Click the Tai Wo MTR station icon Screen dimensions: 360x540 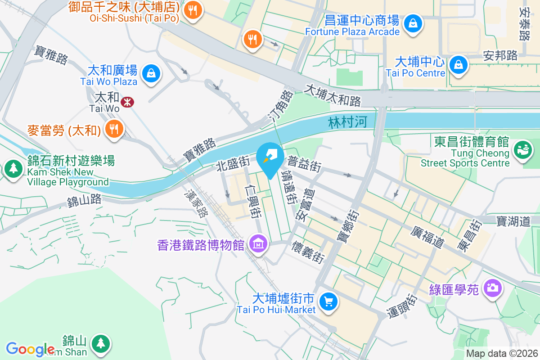click(x=127, y=102)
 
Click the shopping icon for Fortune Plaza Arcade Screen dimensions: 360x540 click(x=412, y=23)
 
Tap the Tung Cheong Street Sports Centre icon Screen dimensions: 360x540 click(x=522, y=149)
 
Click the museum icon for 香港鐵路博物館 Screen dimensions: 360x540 click(x=258, y=244)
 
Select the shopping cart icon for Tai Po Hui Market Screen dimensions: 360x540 click(x=328, y=301)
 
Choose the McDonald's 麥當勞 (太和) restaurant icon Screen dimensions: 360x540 click(x=114, y=129)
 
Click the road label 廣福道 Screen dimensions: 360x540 click(x=427, y=237)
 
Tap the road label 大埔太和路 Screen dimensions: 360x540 click(x=333, y=95)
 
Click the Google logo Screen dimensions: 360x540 click(x=30, y=349)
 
